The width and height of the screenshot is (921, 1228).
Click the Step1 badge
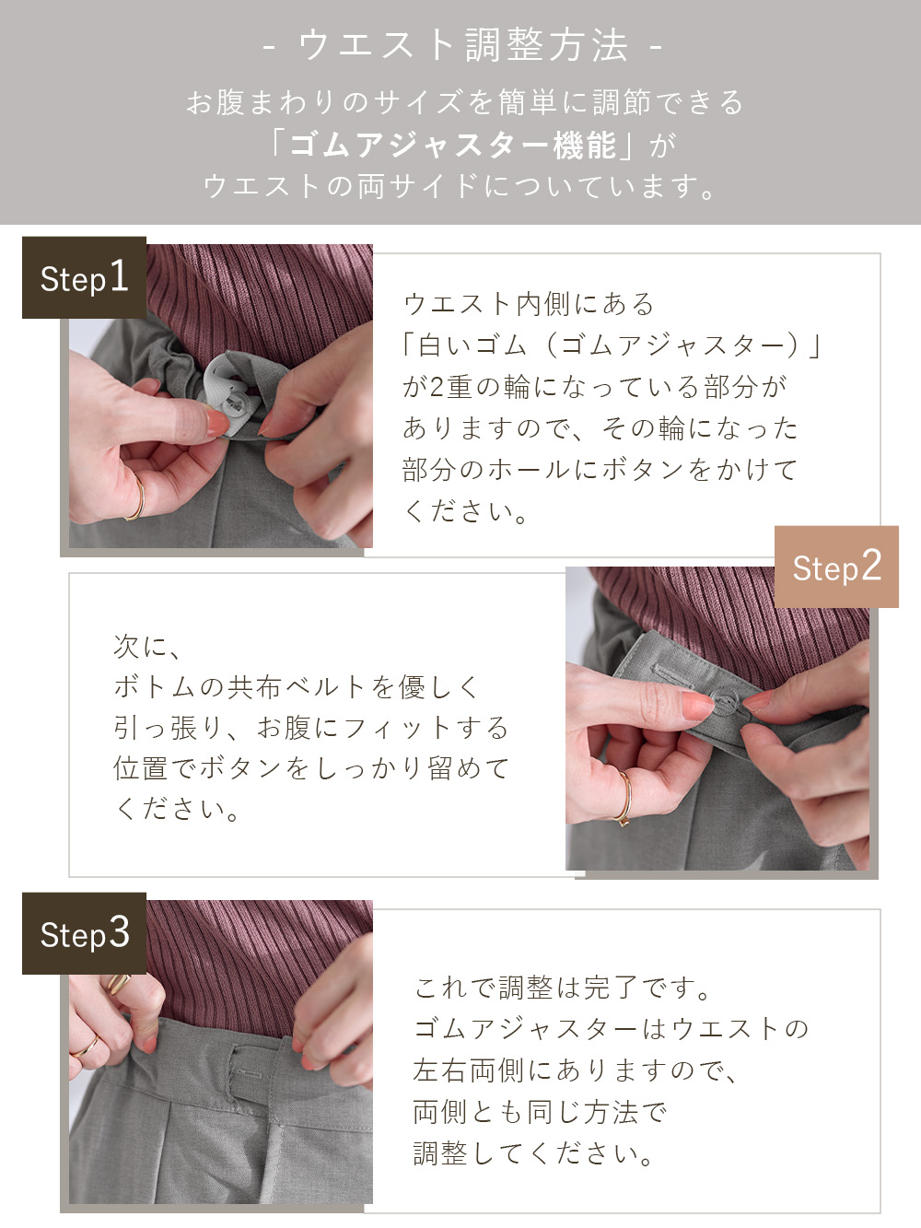[x=84, y=277]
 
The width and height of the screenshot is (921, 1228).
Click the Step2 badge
[x=836, y=567]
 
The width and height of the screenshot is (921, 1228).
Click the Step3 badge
[x=84, y=933]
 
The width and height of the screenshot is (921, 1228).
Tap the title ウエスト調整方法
[x=462, y=45]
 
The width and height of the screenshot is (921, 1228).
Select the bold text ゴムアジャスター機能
[x=452, y=145]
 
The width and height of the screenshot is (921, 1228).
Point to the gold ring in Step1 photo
[x=137, y=498]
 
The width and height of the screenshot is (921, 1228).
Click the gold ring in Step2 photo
[x=625, y=797]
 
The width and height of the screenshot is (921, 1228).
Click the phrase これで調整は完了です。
[x=563, y=988]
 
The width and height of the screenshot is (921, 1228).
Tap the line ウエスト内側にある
[x=529, y=303]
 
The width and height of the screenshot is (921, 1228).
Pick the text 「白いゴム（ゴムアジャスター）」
[x=611, y=345]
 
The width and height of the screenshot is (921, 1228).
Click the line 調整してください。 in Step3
[x=533, y=1152]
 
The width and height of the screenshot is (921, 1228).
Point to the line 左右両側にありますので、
[x=575, y=1070]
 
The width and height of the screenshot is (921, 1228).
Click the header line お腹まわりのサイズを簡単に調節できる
[x=464, y=102]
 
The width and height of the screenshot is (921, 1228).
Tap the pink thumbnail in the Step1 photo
[x=217, y=424]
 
